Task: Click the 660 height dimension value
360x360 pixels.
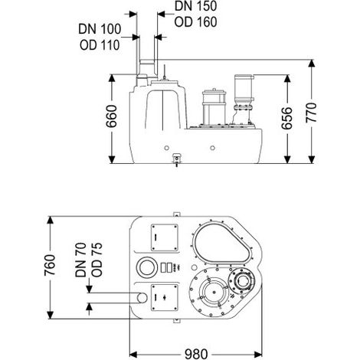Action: [x=112, y=116]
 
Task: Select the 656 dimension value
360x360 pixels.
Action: [x=286, y=118]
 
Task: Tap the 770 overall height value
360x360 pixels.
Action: [x=311, y=113]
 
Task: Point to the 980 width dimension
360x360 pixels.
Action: [x=196, y=354]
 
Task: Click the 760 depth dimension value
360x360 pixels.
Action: [x=50, y=265]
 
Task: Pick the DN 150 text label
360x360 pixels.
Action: [x=195, y=6]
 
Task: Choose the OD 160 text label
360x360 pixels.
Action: [x=195, y=22]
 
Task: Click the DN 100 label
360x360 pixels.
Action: [x=100, y=29]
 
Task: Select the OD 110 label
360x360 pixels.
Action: [x=100, y=45]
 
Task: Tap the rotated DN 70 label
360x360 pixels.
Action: [x=81, y=260]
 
